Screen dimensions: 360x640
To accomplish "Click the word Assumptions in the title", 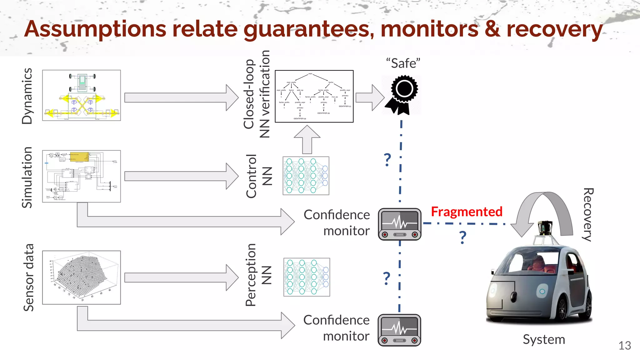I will tap(95, 29).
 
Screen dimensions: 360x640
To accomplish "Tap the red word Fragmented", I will tap(467, 212).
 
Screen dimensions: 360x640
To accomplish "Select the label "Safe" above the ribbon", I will tap(403, 63).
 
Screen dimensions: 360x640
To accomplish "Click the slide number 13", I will tap(624, 346).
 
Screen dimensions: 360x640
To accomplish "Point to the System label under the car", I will tap(544, 339).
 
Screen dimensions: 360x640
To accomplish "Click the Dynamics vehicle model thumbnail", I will tap(82, 95).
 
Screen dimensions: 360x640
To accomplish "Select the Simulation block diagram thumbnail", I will tap(82, 176).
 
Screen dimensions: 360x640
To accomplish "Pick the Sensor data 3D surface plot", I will tap(82, 277).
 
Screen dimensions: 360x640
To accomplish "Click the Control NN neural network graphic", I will tap(306, 176).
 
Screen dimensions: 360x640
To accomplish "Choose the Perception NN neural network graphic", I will tap(307, 277).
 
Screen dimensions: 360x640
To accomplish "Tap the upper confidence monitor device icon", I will tap(400, 224).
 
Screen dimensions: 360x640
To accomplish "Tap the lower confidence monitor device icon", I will tap(399, 330).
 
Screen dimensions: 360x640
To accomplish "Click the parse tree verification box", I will tap(314, 96).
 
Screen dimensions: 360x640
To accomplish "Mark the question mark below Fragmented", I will tap(463, 237).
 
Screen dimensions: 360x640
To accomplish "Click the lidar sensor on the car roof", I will tap(545, 228).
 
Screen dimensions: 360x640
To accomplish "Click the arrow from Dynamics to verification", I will tap(181, 97).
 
